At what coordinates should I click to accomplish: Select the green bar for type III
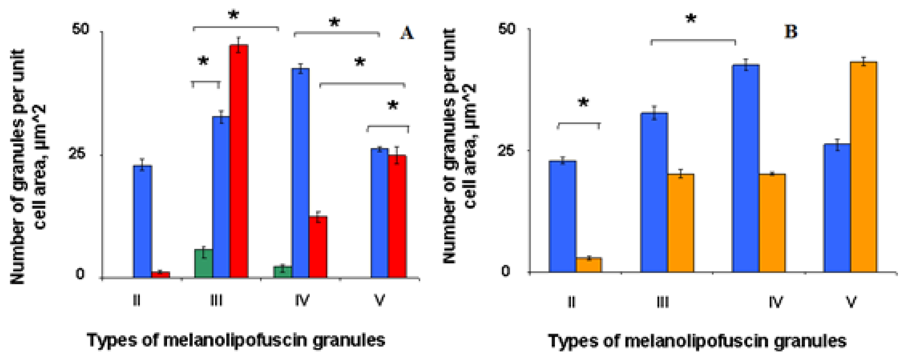click(204, 263)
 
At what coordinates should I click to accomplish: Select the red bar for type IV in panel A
click(318, 247)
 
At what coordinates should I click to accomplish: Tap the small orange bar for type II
click(588, 265)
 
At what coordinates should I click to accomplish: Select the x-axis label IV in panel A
click(302, 300)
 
